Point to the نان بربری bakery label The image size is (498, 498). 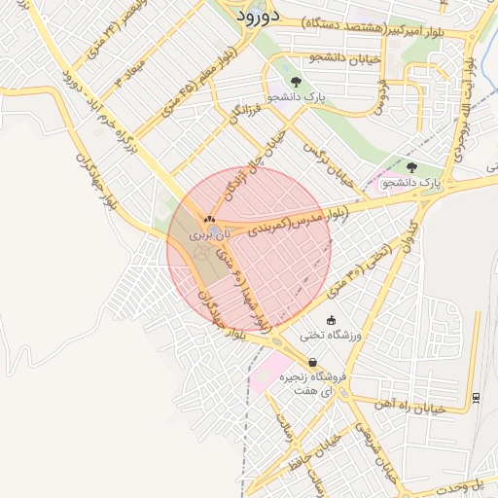(211, 235)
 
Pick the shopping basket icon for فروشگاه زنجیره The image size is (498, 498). (312, 362)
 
